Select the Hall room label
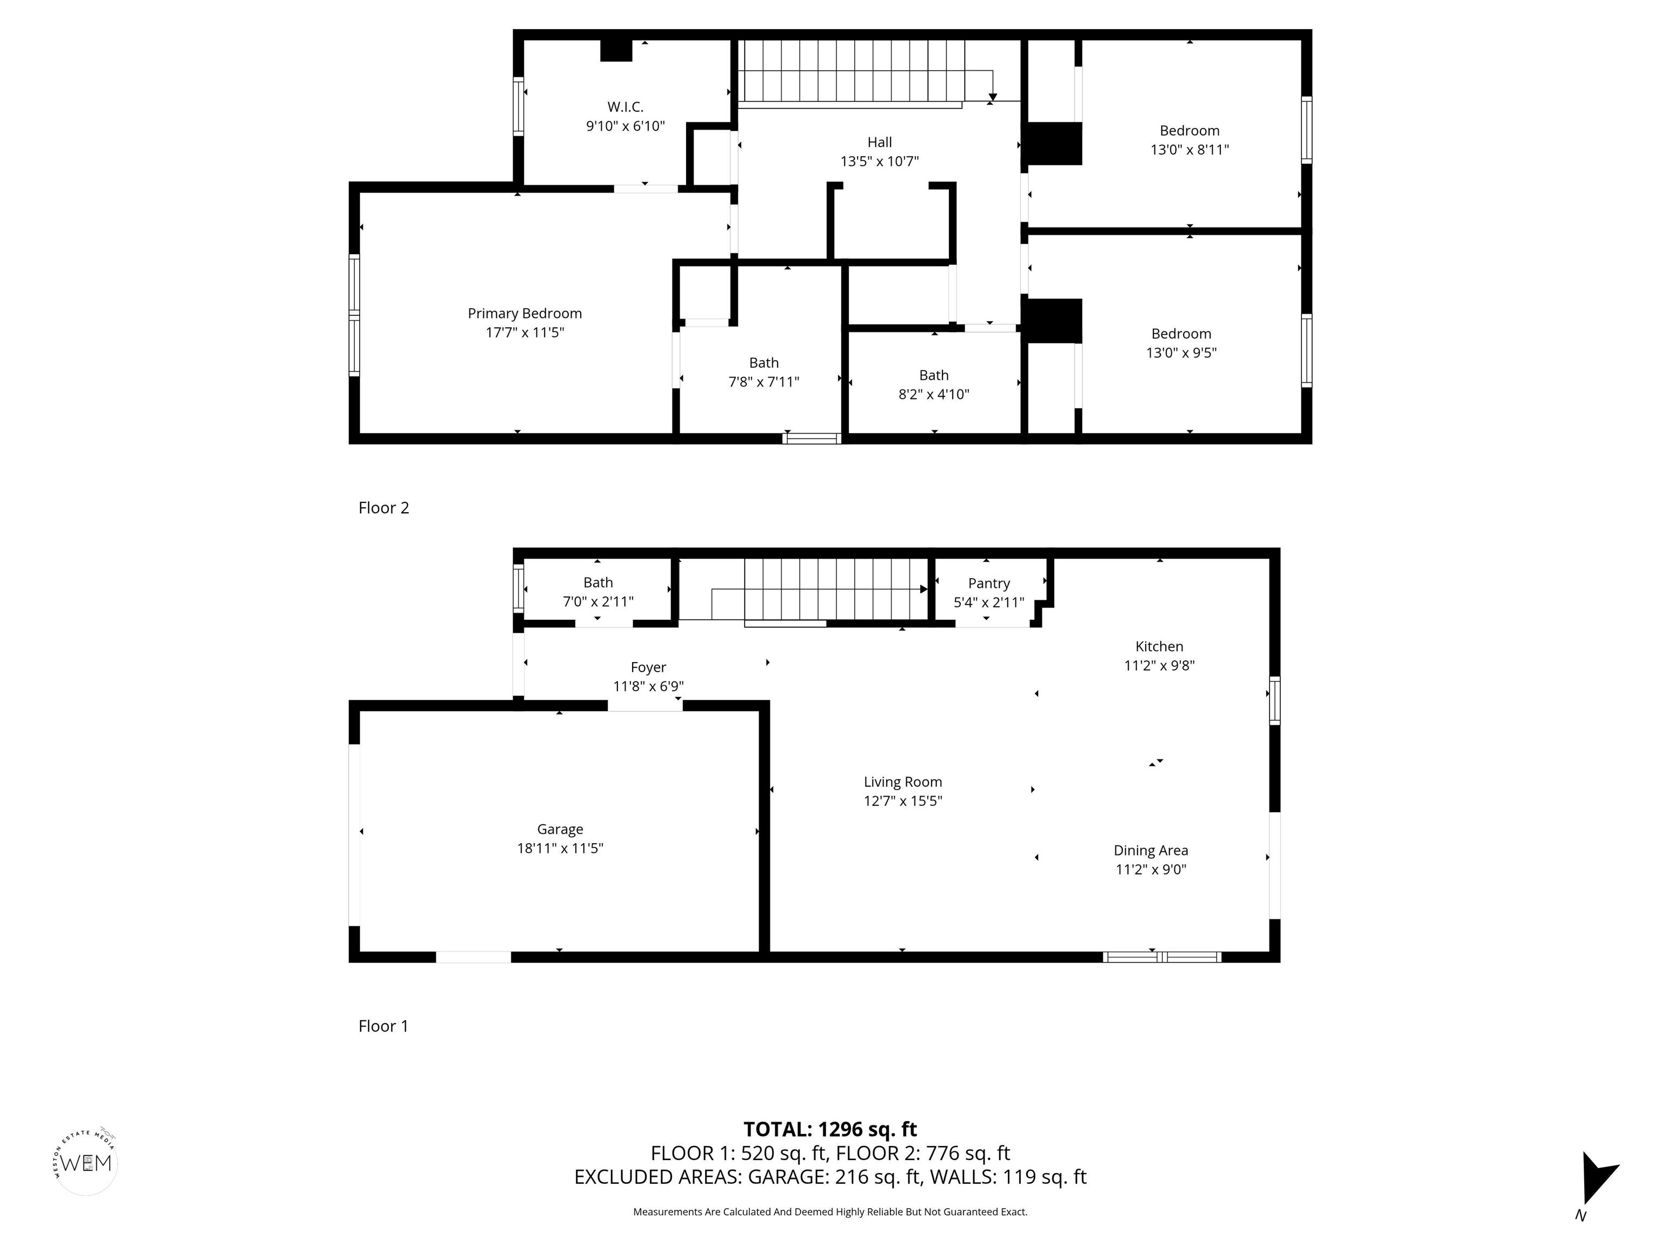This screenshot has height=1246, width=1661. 879,142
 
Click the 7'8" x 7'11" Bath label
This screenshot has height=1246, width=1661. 763,363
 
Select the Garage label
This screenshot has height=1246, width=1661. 560,829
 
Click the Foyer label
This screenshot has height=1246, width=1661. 648,667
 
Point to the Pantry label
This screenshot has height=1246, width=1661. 988,583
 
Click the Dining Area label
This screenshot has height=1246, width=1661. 1151,850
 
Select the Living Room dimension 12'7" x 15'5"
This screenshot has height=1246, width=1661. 902,800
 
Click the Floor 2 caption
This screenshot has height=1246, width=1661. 384,508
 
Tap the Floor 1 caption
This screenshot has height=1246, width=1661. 383,1026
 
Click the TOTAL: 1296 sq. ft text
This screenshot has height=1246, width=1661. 830,1130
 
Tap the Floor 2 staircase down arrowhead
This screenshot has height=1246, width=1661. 993,97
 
